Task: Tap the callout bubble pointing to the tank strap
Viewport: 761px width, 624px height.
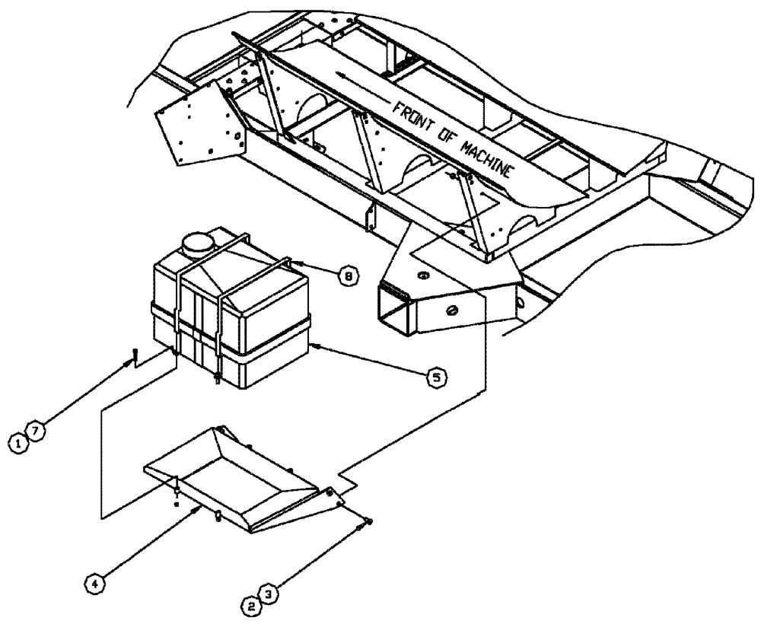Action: pyautogui.click(x=346, y=279)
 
